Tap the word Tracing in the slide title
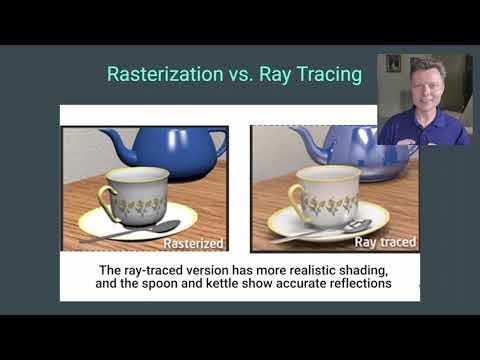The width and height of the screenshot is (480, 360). [x=327, y=75]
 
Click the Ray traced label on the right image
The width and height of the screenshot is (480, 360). [x=386, y=243]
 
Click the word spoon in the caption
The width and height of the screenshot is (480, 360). [x=239, y=285]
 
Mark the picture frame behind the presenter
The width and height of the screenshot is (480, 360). [x=394, y=63]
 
